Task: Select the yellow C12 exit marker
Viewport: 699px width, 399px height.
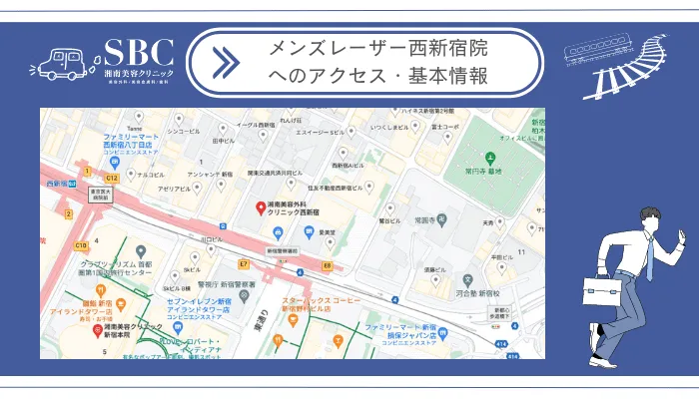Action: tap(112, 178)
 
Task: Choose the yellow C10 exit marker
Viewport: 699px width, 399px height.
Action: tap(80, 244)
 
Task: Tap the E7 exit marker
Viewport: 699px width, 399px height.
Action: tap(243, 263)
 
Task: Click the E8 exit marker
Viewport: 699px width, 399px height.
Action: tap(327, 266)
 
